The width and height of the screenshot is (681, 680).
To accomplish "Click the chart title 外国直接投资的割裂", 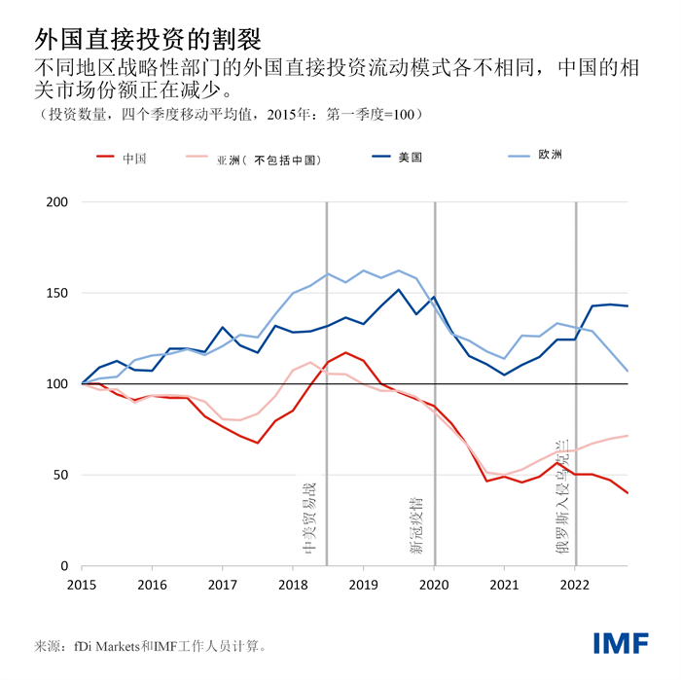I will click(x=147, y=38).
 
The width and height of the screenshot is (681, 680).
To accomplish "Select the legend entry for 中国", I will click(x=134, y=158).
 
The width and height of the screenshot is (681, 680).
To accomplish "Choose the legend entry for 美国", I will click(x=410, y=158).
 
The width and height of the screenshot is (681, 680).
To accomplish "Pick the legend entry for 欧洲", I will click(x=551, y=158).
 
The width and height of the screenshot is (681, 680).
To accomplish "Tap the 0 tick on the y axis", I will click(x=64, y=566).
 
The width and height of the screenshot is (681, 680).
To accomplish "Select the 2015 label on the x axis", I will click(x=82, y=586).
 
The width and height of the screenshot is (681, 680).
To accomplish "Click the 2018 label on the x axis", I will click(x=293, y=586).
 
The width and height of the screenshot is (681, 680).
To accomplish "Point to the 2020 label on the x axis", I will click(x=434, y=586).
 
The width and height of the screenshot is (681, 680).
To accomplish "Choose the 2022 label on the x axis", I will click(x=575, y=586).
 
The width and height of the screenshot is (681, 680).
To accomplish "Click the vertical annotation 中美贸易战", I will click(x=310, y=516).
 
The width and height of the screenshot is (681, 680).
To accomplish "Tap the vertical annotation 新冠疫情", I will click(x=417, y=526).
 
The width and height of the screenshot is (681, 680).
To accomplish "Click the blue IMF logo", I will click(x=622, y=643).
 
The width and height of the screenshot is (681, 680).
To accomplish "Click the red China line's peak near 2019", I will click(x=345, y=352).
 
